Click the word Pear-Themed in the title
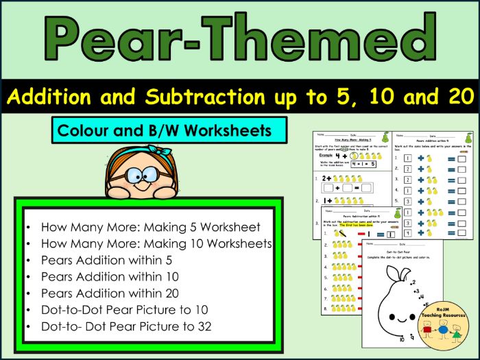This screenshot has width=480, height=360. click(239, 39)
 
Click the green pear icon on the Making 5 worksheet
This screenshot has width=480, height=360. click(386, 138)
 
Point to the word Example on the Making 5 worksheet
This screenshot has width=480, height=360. click(324, 156)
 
